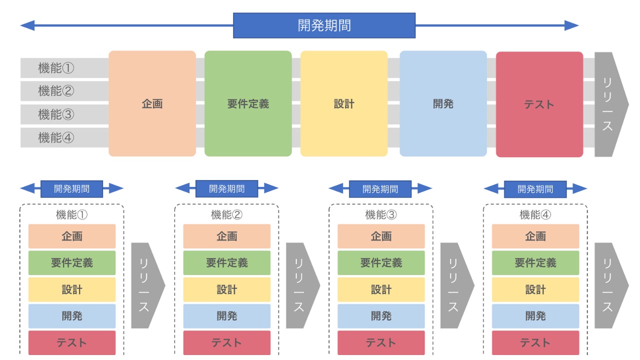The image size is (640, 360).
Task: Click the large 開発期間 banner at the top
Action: tap(324, 25)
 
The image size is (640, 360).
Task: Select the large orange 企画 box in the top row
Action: tap(152, 103)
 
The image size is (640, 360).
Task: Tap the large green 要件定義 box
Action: tap(248, 103)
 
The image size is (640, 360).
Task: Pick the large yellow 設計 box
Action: tap(344, 103)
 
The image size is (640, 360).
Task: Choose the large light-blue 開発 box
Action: tap(443, 103)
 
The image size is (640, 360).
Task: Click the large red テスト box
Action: tap(539, 104)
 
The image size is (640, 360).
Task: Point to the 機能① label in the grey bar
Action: tap(56, 68)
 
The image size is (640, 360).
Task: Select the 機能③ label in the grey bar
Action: tap(56, 114)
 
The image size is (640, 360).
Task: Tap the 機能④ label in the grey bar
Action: tap(56, 137)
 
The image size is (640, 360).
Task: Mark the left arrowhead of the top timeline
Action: tap(27, 25)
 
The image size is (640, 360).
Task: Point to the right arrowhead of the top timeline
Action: tap(571, 25)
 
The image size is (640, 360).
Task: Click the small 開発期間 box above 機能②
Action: tap(226, 189)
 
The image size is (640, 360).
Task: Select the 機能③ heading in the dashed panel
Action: tap(381, 215)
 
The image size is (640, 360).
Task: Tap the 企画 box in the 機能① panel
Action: tap(71, 236)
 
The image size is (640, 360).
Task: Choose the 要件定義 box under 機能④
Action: tap(535, 263)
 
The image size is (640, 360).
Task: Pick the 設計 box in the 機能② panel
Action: tap(226, 289)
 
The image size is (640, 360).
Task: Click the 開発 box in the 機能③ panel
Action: tap(381, 316)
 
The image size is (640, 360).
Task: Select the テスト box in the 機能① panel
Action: tap(71, 342)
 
